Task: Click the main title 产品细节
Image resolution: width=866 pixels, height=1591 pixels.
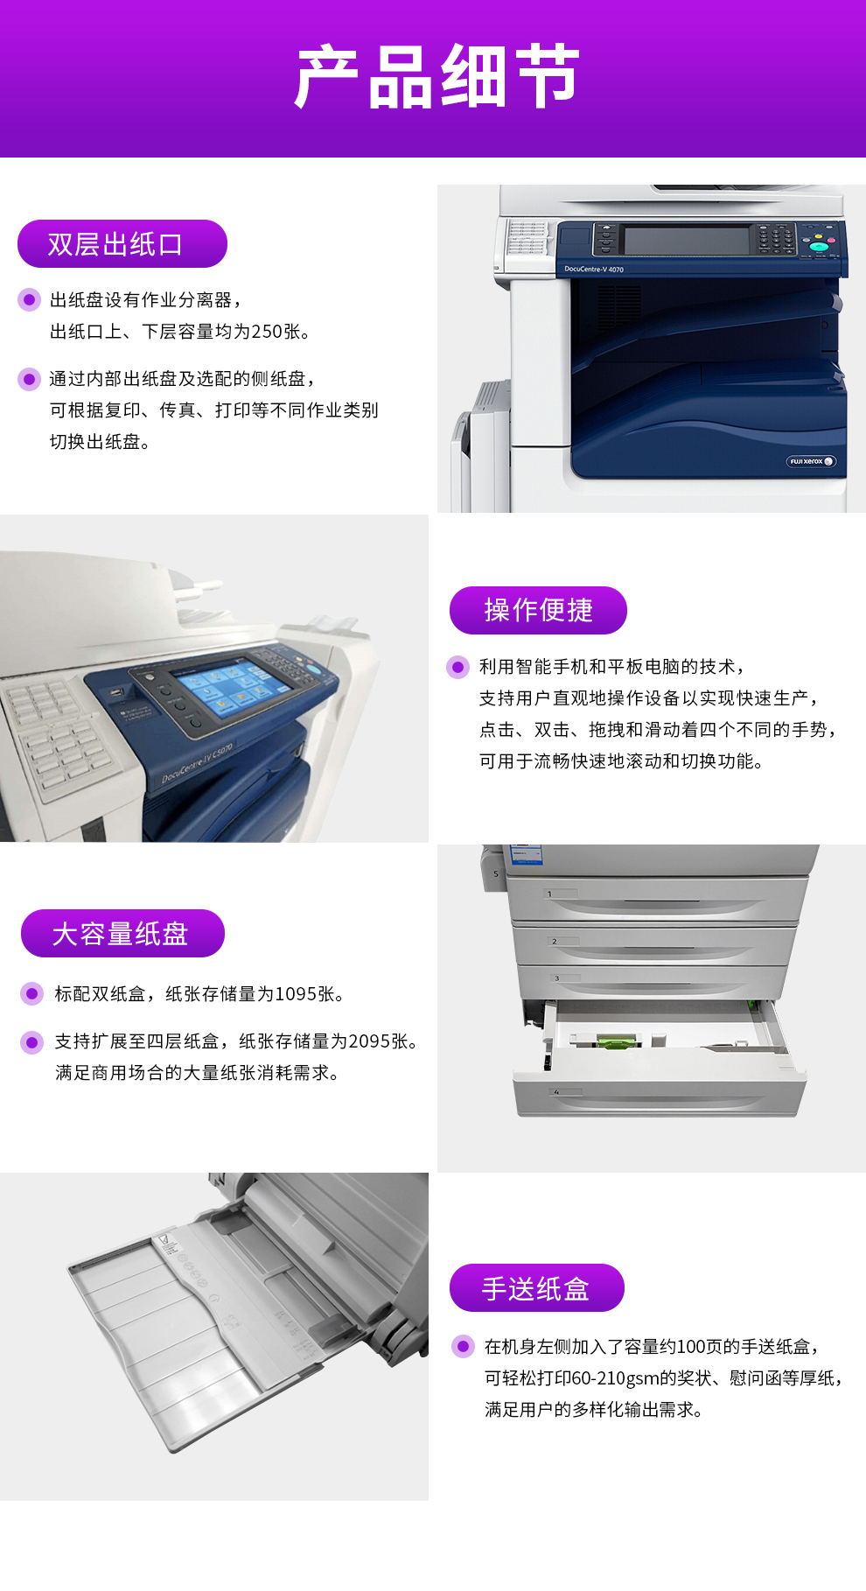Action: [x=436, y=77]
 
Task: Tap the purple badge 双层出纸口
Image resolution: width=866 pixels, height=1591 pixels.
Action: [x=122, y=243]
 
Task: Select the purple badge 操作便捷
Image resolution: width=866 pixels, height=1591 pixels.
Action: [x=538, y=610]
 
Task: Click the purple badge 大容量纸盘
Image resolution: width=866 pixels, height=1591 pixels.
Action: [x=122, y=933]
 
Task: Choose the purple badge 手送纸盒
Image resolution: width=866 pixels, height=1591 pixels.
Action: [x=536, y=1287]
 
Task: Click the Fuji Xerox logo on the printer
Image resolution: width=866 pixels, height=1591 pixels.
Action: [x=811, y=461]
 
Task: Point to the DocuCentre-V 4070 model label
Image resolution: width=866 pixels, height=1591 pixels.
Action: [x=594, y=270]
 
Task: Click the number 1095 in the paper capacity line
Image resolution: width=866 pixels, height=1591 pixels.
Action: [x=296, y=994]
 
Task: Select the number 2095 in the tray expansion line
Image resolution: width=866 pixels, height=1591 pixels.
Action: [x=369, y=1041]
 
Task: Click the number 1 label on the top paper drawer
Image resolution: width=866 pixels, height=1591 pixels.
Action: [x=549, y=894]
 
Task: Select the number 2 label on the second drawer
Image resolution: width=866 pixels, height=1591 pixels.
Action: [x=554, y=942]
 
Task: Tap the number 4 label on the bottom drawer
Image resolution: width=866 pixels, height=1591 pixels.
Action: [x=556, y=1092]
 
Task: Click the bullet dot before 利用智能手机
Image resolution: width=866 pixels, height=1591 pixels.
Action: [x=457, y=667]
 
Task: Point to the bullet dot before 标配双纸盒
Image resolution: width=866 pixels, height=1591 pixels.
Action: [x=32, y=993]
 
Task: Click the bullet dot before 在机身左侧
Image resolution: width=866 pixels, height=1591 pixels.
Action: [x=463, y=1346]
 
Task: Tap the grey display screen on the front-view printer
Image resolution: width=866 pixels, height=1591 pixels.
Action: [x=687, y=240]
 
